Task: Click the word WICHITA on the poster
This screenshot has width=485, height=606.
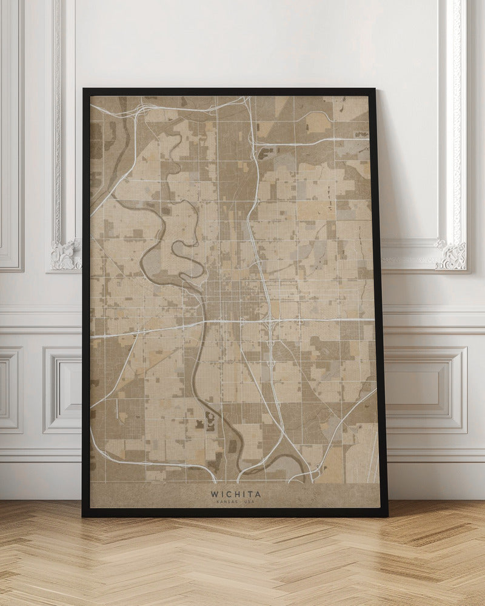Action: point(236,494)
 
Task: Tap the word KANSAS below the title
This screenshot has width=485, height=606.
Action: point(226,502)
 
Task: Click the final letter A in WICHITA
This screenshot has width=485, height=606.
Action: point(258,494)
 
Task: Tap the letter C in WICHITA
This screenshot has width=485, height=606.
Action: point(229,494)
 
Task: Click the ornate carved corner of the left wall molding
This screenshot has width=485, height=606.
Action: point(65,255)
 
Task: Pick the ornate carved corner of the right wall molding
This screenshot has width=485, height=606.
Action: point(452,255)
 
